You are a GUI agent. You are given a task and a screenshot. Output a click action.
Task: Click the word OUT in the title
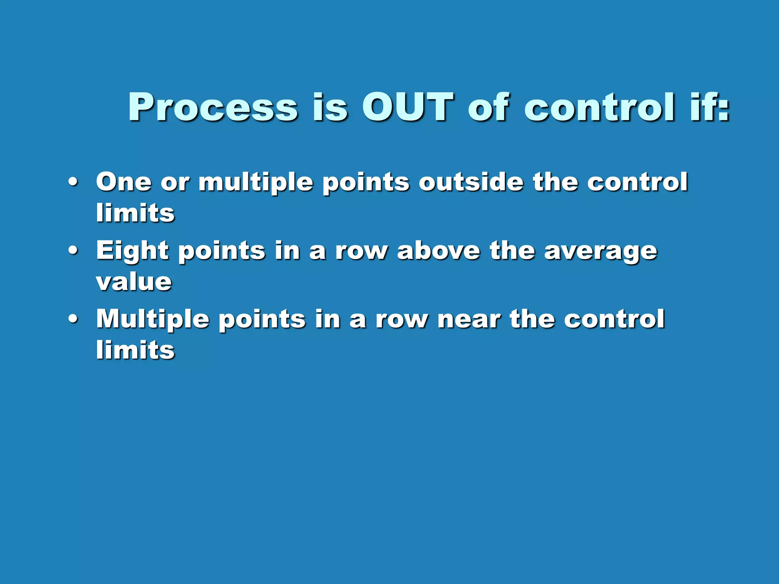coord(407,108)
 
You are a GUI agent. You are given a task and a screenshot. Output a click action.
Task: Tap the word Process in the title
coord(213,108)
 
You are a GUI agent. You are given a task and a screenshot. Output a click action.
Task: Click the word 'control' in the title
coord(599,108)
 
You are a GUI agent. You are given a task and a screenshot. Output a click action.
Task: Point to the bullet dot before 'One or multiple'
coord(73,182)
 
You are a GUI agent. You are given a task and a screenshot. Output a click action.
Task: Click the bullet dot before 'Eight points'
coord(73,251)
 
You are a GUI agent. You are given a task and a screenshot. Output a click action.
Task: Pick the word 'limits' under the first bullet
coord(135,213)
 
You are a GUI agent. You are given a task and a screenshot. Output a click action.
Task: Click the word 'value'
coord(134,282)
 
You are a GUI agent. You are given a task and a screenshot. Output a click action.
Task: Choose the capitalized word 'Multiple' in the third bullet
coord(153,320)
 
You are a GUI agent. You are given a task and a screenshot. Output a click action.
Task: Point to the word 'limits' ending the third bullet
coord(135,349)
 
